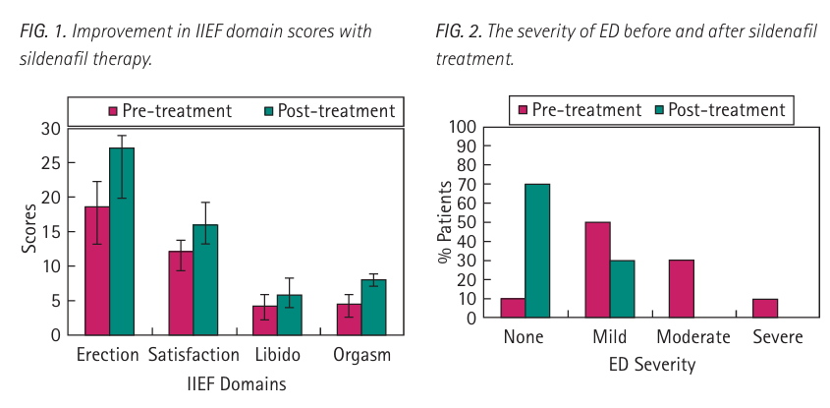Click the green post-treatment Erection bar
(x=122, y=241)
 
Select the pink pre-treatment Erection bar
(x=97, y=270)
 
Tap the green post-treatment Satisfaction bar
(x=205, y=280)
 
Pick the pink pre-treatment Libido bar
(x=264, y=321)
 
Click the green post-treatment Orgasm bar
(x=373, y=308)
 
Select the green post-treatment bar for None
(x=537, y=251)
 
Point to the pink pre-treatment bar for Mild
(x=597, y=269)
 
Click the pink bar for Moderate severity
(x=682, y=289)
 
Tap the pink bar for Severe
(x=765, y=309)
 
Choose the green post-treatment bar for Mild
(x=622, y=289)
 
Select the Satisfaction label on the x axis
(x=194, y=355)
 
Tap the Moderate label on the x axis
(x=693, y=337)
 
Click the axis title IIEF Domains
(x=237, y=383)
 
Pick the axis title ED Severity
(x=651, y=365)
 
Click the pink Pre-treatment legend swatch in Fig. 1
(x=113, y=111)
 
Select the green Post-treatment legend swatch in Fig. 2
(x=659, y=110)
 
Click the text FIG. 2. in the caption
(x=459, y=31)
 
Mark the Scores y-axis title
(x=29, y=229)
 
